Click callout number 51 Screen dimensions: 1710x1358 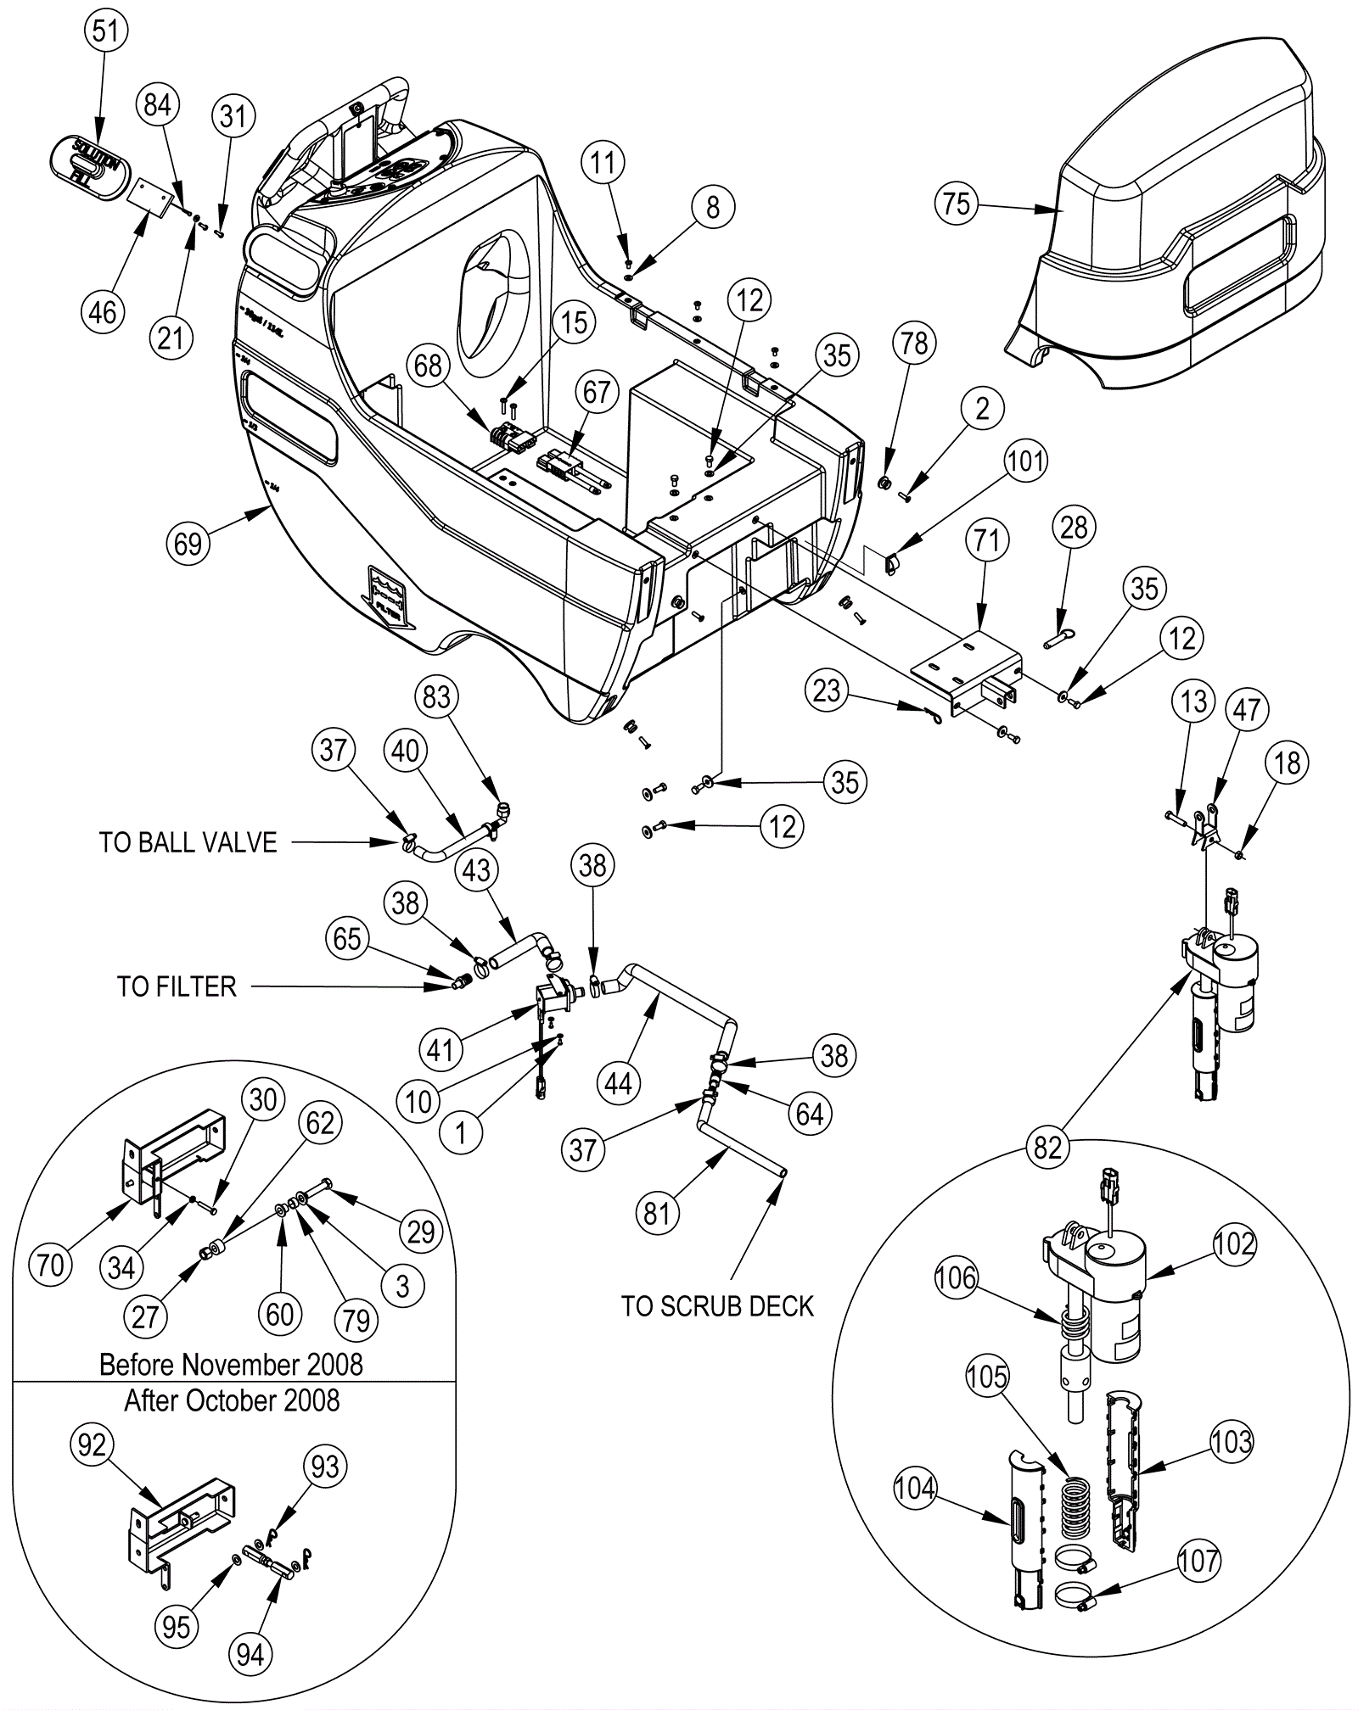pyautogui.click(x=105, y=31)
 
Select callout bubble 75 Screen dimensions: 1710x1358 pyautogui.click(x=957, y=204)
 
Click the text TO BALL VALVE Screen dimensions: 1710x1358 pyautogui.click(x=188, y=842)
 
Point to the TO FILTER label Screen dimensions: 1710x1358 pyautogui.click(x=177, y=986)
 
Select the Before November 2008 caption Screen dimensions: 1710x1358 pyautogui.click(x=231, y=1365)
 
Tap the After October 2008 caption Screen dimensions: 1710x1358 pyautogui.click(x=232, y=1400)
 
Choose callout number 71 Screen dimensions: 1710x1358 pyautogui.click(x=986, y=539)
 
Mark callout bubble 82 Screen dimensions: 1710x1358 pyautogui.click(x=1047, y=1147)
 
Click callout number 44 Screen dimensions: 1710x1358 pyautogui.click(x=618, y=1083)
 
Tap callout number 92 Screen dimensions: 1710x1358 pyautogui.click(x=92, y=1445)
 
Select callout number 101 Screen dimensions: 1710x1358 pyautogui.click(x=1025, y=461)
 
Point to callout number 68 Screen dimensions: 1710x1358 pyautogui.click(x=428, y=366)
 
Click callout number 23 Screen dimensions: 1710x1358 pyautogui.click(x=827, y=690)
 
